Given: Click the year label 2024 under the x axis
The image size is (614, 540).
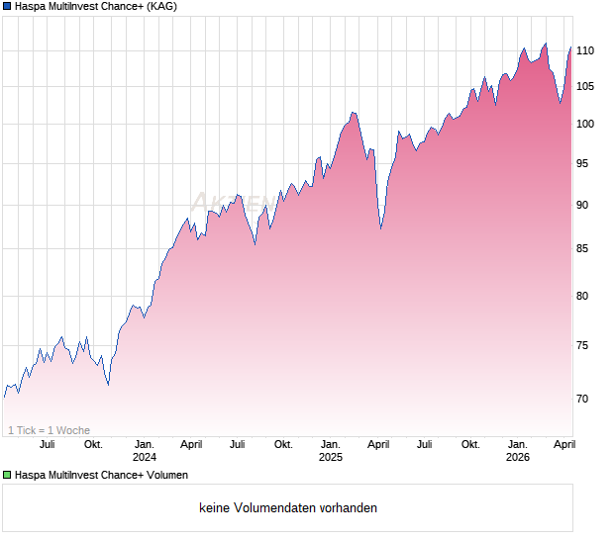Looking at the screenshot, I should click(x=145, y=457).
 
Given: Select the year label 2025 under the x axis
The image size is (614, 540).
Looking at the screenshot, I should click(x=331, y=457).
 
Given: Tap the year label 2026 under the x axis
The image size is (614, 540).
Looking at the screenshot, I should click(x=518, y=457).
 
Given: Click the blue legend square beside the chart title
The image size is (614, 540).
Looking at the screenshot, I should click(x=7, y=7).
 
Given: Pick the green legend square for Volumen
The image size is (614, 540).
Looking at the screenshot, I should click(x=7, y=476).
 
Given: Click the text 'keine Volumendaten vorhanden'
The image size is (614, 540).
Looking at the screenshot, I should click(x=288, y=508).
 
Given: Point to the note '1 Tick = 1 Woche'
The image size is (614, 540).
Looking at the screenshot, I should click(x=49, y=430).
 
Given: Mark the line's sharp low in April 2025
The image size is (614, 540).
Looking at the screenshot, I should click(x=381, y=228).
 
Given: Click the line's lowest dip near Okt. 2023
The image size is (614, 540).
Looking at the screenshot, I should click(x=108, y=384).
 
